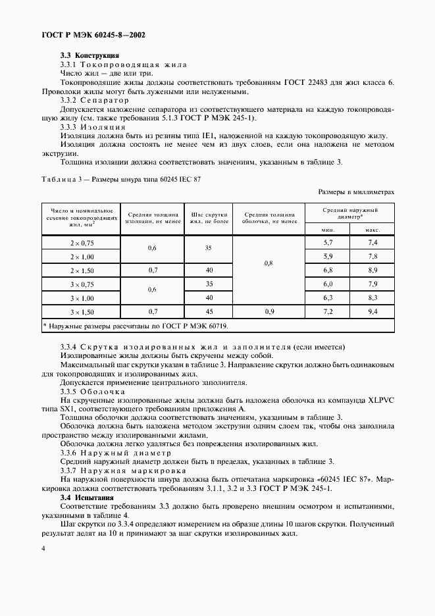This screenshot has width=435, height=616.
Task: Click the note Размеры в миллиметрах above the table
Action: (356, 192)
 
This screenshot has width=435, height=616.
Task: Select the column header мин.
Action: (327, 230)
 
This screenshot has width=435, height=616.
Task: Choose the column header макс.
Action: (372, 230)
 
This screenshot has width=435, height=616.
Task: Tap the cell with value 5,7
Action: (327, 243)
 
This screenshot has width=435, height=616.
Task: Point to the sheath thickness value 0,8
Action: (269, 263)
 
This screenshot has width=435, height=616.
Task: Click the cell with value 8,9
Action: (372, 270)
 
